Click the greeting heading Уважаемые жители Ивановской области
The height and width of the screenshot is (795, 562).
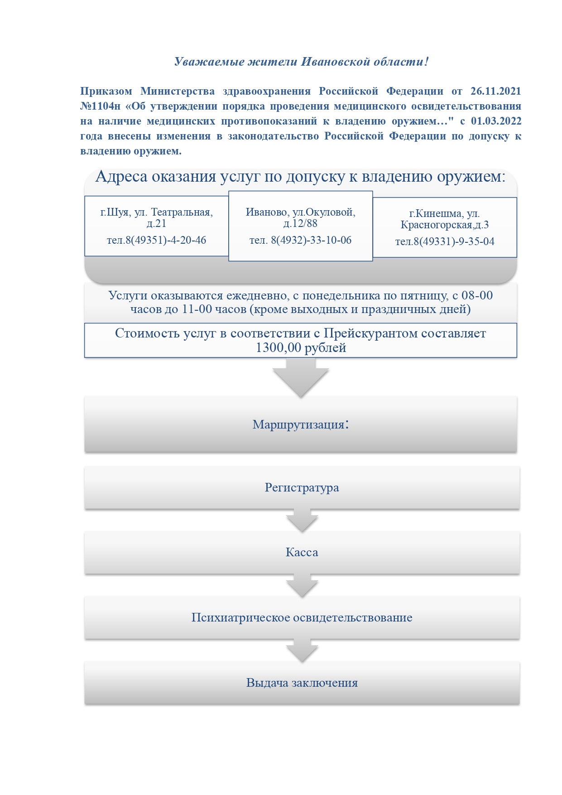pyautogui.click(x=301, y=62)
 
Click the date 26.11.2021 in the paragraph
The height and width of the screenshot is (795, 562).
pyautogui.click(x=495, y=91)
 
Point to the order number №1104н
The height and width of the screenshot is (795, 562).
pyautogui.click(x=100, y=106)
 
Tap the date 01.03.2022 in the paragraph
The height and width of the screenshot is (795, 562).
pyautogui.click(x=496, y=121)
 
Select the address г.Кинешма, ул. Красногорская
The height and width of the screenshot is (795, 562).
pyautogui.click(x=444, y=219)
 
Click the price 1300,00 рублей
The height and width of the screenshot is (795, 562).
pyautogui.click(x=301, y=348)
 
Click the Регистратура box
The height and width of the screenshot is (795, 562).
pyautogui.click(x=302, y=487)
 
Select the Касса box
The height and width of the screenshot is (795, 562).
pyautogui.click(x=302, y=552)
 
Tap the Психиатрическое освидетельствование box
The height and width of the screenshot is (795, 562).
pyautogui.click(x=302, y=617)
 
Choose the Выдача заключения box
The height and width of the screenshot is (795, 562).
pyautogui.click(x=302, y=683)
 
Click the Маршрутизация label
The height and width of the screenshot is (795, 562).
pyautogui.click(x=300, y=424)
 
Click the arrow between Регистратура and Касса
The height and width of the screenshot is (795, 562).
pyautogui.click(x=302, y=520)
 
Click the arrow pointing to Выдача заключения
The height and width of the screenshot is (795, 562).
pyautogui.click(x=302, y=650)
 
